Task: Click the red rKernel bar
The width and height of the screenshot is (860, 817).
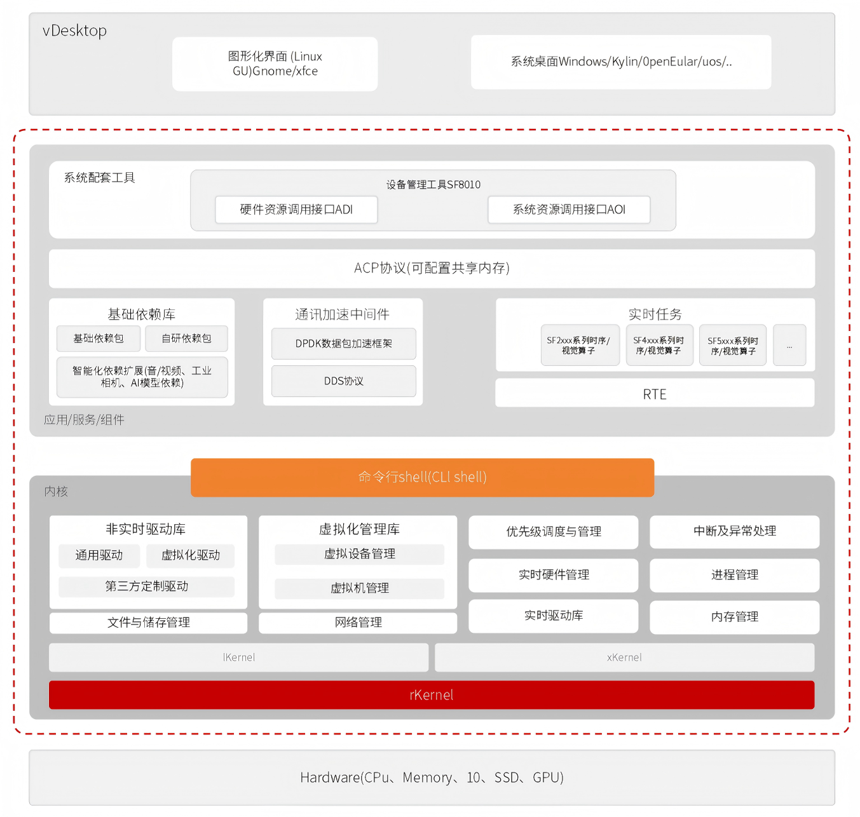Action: (x=431, y=695)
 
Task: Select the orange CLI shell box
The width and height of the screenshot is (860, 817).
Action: (x=422, y=477)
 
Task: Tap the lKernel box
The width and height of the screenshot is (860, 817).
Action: (x=238, y=658)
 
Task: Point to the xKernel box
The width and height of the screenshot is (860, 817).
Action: (x=624, y=658)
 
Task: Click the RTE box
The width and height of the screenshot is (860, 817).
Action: (x=654, y=394)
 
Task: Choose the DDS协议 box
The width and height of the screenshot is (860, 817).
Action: (x=343, y=381)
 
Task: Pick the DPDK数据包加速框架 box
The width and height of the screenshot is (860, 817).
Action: (x=343, y=344)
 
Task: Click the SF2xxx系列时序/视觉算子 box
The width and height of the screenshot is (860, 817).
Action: (x=579, y=345)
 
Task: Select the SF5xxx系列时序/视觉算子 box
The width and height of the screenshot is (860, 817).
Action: (x=732, y=346)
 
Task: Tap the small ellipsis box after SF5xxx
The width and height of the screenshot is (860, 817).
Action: (x=789, y=346)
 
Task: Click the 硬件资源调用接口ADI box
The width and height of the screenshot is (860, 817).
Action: (x=296, y=210)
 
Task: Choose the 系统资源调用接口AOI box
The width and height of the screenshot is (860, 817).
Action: (x=569, y=210)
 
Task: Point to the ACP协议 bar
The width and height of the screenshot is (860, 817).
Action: (x=432, y=268)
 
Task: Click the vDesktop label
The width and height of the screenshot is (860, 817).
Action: (x=74, y=30)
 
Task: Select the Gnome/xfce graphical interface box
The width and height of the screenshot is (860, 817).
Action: (x=275, y=64)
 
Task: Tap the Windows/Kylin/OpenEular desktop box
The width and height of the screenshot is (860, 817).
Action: (x=620, y=62)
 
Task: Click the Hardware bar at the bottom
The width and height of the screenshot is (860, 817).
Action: (x=432, y=778)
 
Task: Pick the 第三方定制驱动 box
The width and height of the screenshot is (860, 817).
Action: (x=146, y=586)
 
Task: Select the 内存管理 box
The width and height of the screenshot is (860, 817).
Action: (x=734, y=616)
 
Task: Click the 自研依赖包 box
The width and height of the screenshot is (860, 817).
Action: (x=186, y=339)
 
